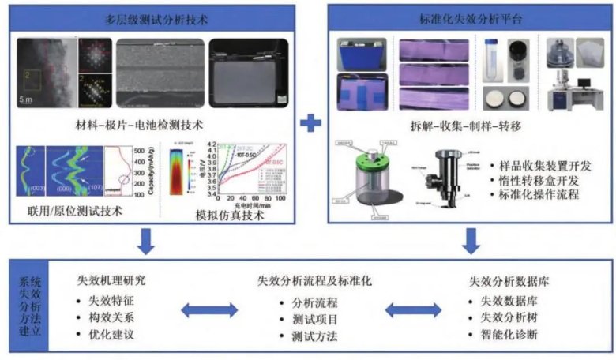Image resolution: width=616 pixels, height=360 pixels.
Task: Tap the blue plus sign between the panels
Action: coord(313,124)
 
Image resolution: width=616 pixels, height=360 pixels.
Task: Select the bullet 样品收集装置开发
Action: coord(543,167)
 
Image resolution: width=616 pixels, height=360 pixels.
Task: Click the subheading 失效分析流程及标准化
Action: coord(314,280)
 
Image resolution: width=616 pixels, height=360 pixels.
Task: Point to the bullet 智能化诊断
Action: coord(513,335)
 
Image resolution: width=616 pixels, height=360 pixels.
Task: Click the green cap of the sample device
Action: coord(369,161)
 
